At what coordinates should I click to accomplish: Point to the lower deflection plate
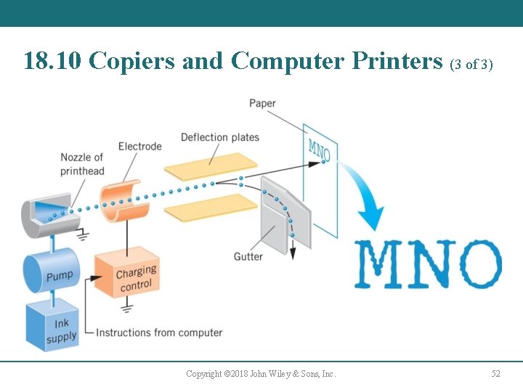click(211, 206)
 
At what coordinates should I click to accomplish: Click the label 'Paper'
click(262, 103)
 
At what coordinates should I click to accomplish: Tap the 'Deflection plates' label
click(219, 137)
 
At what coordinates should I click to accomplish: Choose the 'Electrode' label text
click(139, 147)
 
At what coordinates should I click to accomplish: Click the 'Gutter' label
click(248, 256)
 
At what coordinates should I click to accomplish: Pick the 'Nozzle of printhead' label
click(82, 164)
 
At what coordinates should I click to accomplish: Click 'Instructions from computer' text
click(159, 332)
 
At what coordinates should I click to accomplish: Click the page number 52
click(496, 374)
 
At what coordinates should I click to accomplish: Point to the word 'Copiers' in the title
click(133, 61)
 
